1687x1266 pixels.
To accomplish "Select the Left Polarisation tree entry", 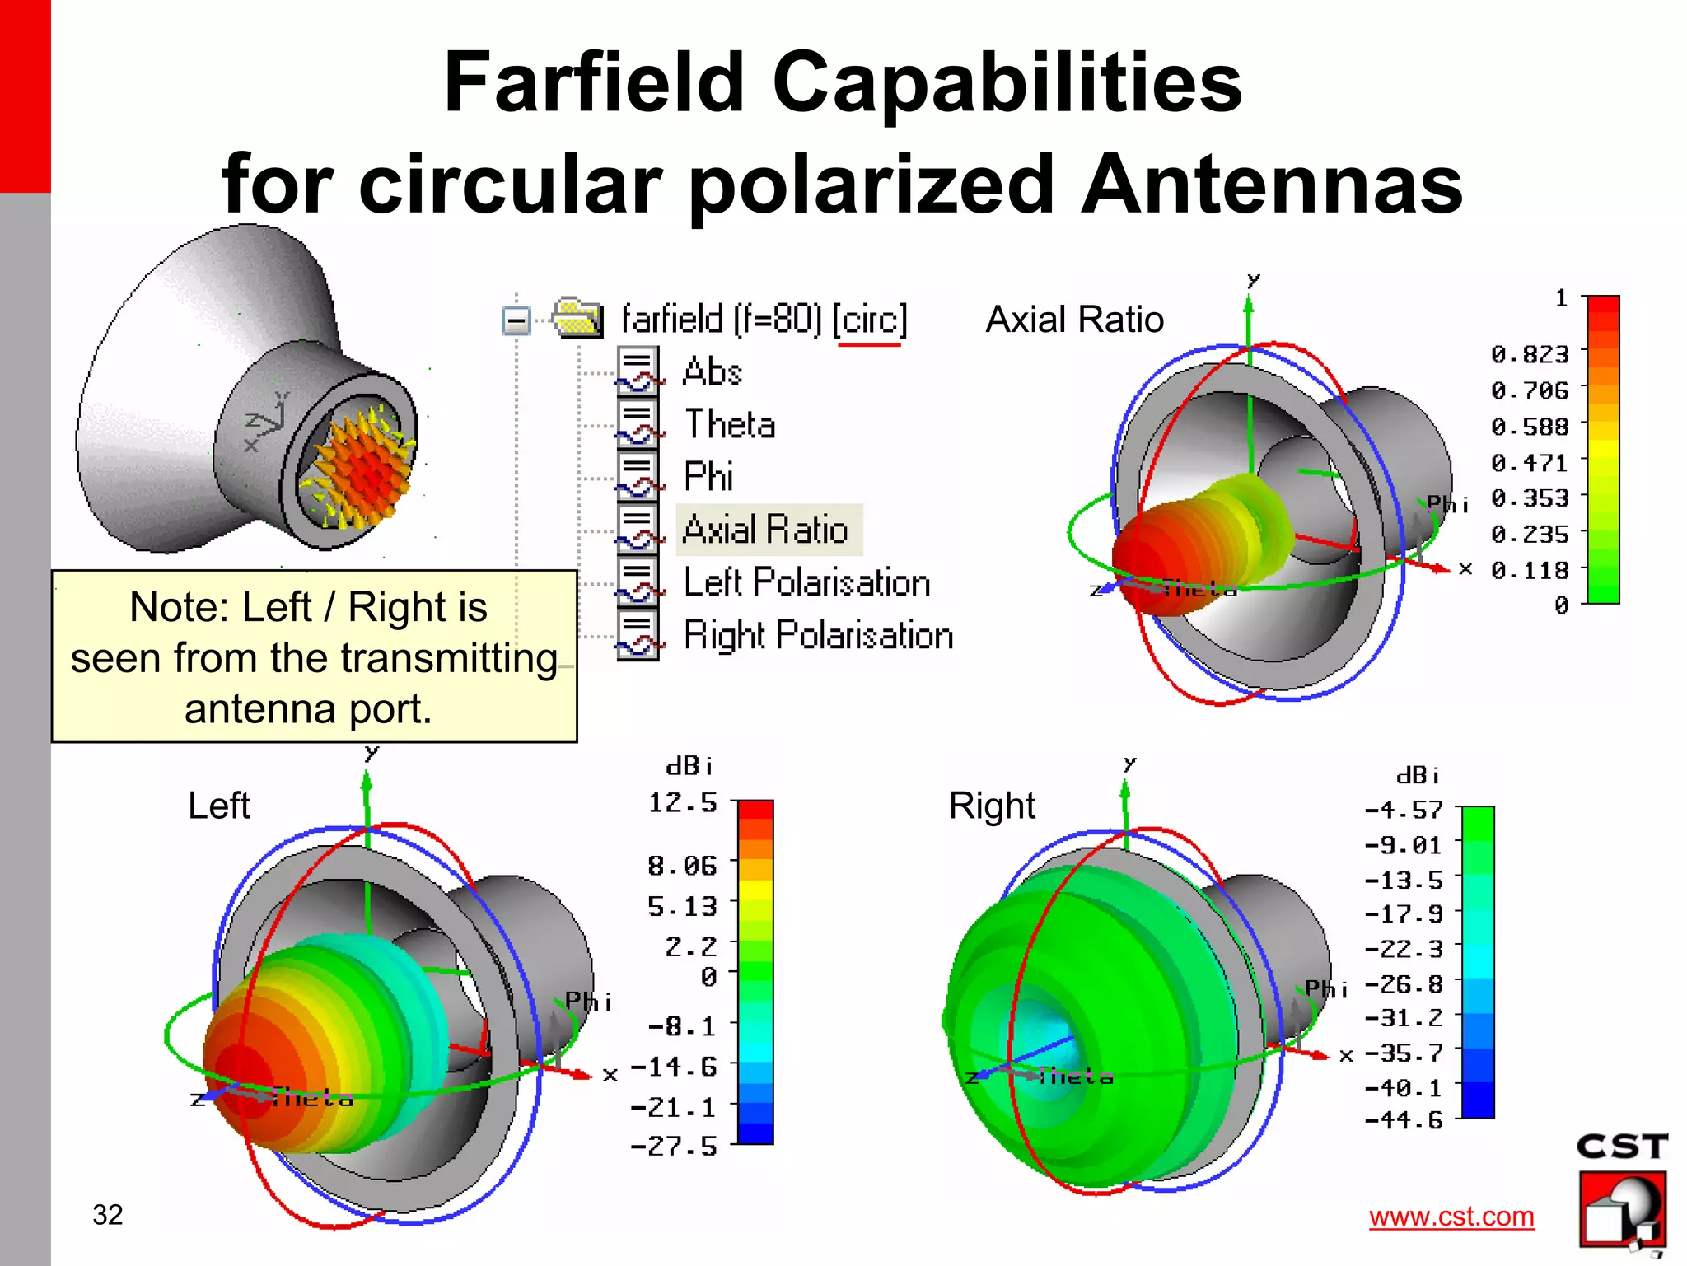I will (x=806, y=582).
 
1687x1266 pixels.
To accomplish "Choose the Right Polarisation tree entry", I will (x=818, y=635).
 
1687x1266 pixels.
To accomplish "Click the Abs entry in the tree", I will (x=713, y=371).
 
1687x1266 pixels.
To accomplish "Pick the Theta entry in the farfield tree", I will (x=730, y=424).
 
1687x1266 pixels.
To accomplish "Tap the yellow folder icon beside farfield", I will (x=578, y=317).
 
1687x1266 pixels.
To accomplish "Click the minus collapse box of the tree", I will (x=516, y=320).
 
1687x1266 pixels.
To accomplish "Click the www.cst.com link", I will (x=1451, y=1217).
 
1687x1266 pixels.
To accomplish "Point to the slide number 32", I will (x=108, y=1215).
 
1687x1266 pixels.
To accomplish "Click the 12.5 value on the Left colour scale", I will (x=682, y=802).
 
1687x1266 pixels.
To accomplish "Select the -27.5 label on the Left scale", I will (x=673, y=1147).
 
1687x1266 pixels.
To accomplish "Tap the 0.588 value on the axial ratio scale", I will (x=1529, y=427).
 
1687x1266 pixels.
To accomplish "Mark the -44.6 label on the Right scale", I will (x=1404, y=1120).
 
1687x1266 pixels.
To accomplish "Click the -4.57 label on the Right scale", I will (x=1404, y=810).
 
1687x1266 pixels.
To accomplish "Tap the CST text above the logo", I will (x=1621, y=1147).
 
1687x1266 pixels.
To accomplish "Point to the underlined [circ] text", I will (x=869, y=320).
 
